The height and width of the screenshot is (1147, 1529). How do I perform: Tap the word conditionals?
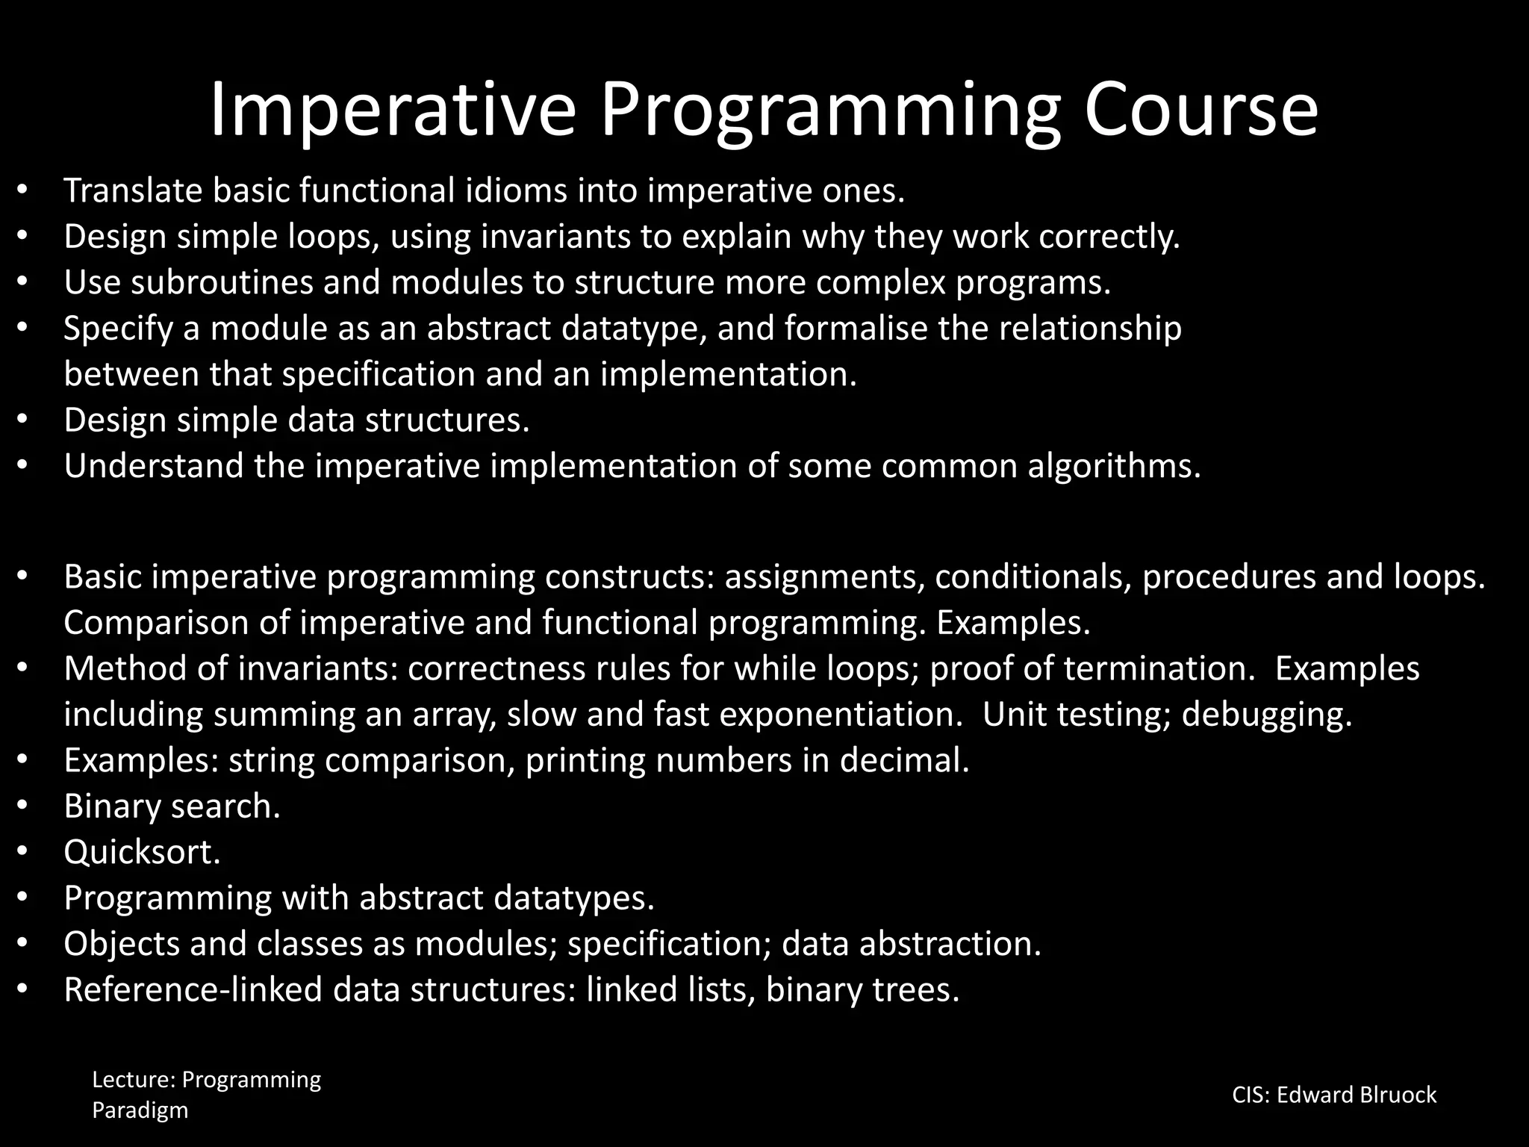tap(1033, 577)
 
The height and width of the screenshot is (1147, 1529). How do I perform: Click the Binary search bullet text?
tap(172, 806)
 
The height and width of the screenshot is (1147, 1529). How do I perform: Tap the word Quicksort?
tap(142, 852)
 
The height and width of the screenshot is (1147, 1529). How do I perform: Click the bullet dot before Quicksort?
tap(22, 852)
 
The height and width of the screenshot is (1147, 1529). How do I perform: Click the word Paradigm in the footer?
tap(140, 1110)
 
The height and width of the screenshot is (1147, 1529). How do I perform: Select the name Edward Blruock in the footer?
tap(1356, 1095)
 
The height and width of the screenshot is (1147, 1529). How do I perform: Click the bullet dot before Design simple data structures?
tap(22, 420)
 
